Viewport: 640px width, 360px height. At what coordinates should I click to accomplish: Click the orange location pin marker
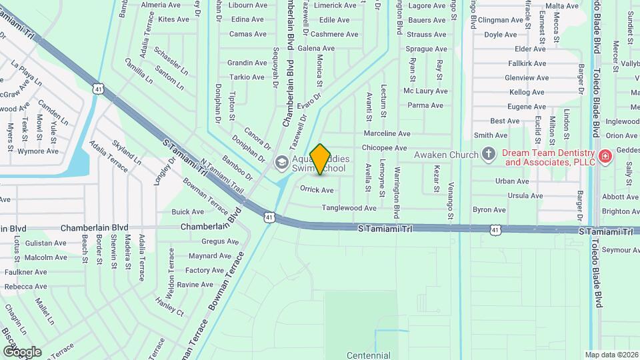coord(321,159)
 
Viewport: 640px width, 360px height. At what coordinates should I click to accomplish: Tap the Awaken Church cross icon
coord(488,155)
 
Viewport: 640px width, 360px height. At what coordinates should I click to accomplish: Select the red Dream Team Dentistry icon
coord(605,155)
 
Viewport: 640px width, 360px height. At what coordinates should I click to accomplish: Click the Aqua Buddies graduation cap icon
coord(282,161)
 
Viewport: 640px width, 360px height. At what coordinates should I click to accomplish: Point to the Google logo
coord(21,351)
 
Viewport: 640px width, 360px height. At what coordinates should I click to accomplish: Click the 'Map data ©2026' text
coord(611,355)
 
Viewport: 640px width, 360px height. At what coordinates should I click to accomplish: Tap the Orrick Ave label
coord(317,190)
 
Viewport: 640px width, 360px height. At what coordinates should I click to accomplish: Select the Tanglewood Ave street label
coord(349,208)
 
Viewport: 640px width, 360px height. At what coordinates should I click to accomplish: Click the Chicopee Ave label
coord(384,148)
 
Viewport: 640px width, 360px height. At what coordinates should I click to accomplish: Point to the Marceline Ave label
coord(387,133)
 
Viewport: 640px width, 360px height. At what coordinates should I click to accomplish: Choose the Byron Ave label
coord(489,209)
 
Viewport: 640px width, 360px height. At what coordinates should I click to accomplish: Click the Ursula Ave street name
coord(525,195)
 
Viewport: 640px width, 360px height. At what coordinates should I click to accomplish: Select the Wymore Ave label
coord(38,151)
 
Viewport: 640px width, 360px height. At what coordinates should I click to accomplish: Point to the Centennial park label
coord(369,355)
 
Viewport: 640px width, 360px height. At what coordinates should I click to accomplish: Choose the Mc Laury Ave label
coord(425,91)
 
